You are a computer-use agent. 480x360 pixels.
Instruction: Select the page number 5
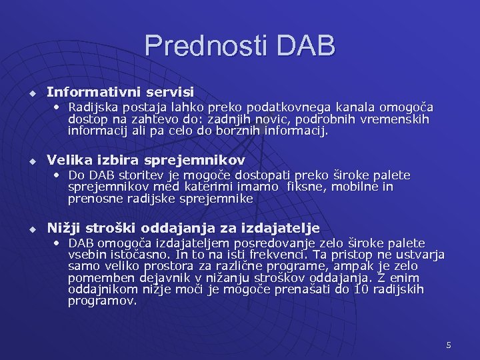coord(449,345)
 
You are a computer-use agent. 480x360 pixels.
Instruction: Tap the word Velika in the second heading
coord(69,160)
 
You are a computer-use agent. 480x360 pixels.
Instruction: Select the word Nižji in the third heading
coord(64,229)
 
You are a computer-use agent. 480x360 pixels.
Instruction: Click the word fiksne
coord(306,187)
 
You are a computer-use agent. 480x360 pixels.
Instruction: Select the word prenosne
coord(92,199)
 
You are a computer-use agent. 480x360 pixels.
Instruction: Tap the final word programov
coord(102,301)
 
